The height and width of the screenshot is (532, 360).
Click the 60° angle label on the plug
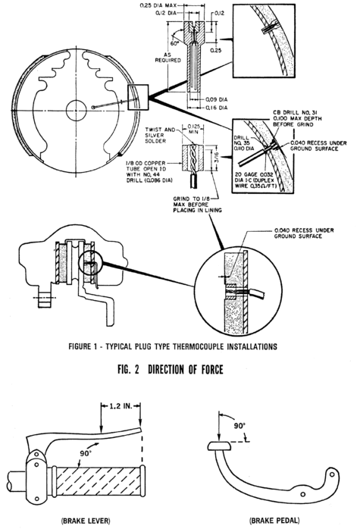pos(174,43)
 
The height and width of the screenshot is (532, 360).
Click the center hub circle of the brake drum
pos(77,111)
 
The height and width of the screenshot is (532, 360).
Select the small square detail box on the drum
pos(137,97)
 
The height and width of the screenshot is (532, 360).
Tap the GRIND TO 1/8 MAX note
pos(197,205)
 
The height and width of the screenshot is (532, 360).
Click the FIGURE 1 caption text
pos(173,346)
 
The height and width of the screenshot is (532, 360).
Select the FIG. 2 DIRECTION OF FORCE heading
pos(171,370)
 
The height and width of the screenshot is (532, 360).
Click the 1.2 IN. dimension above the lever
pos(121,405)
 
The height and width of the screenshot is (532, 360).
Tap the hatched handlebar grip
pos(98,481)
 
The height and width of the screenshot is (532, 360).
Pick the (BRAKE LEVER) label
pos(86,520)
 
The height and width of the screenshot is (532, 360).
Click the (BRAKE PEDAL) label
pos(274,520)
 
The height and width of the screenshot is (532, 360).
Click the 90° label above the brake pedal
pos(239,425)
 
